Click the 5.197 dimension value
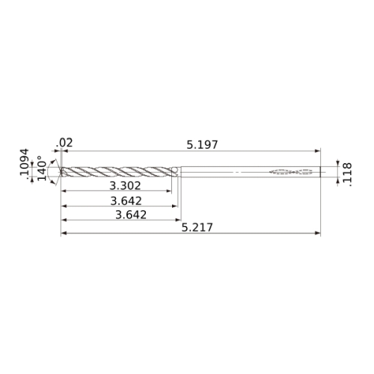(x=202, y=145)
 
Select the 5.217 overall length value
(x=197, y=227)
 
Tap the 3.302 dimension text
(x=125, y=186)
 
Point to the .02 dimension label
(x=64, y=143)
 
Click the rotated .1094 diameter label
(x=25, y=162)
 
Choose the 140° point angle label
(x=42, y=168)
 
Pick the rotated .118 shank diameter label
(x=347, y=174)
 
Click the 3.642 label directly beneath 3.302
(x=126, y=201)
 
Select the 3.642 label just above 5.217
(x=131, y=215)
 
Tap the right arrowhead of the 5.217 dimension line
(x=318, y=233)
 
